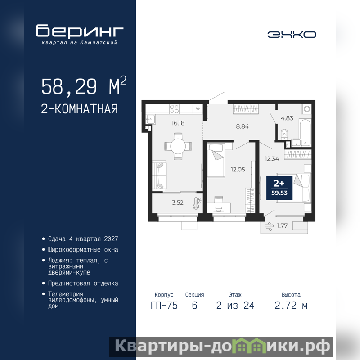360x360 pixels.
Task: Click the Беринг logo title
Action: tap(80, 31)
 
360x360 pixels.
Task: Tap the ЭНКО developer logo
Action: tap(292, 35)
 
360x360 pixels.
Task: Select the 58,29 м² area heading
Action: tap(84, 86)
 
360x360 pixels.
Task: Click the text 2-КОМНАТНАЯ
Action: tap(79, 109)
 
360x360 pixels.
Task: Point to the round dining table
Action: tap(178, 146)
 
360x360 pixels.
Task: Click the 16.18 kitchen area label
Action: tap(178, 123)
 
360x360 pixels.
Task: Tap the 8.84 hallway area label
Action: tap(243, 126)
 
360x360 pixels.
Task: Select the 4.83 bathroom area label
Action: tap(287, 118)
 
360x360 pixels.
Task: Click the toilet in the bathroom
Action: tap(284, 134)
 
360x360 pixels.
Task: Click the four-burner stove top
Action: tap(175, 109)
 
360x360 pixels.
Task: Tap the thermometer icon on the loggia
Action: tap(197, 203)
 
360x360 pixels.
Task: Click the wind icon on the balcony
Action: tap(269, 226)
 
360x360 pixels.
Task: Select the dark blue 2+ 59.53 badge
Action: tap(279, 188)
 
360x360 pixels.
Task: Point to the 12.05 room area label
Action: tap(238, 170)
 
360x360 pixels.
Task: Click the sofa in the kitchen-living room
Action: tap(159, 175)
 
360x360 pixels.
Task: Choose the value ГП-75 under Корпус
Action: tap(164, 306)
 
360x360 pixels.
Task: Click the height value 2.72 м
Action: tap(291, 306)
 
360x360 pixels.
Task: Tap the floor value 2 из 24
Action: tap(235, 306)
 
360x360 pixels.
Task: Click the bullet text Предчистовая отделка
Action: tap(83, 283)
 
